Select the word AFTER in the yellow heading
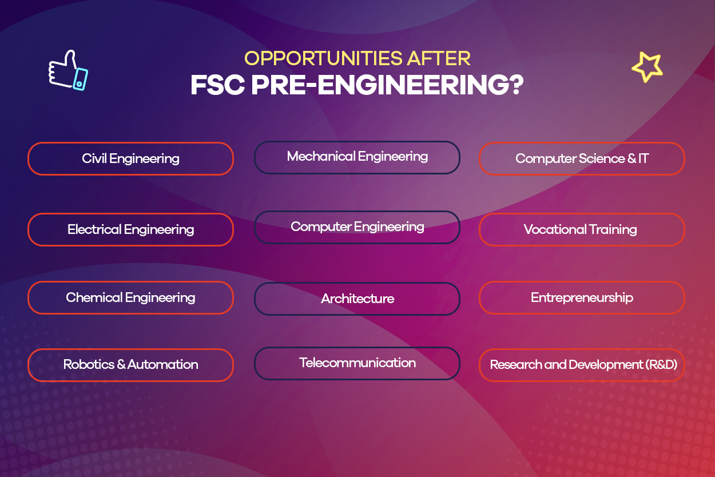point(439,58)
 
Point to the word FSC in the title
point(218,85)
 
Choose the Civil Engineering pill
point(130,158)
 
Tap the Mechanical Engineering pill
point(357,157)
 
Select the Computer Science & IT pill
point(582,158)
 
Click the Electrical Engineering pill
point(130,229)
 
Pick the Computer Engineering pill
point(357,227)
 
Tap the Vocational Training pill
point(582,229)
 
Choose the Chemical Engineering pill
point(130,297)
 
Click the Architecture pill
point(357,299)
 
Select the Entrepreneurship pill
point(582,297)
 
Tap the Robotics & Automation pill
point(130,365)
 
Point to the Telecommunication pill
point(357,363)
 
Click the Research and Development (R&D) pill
point(582,365)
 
